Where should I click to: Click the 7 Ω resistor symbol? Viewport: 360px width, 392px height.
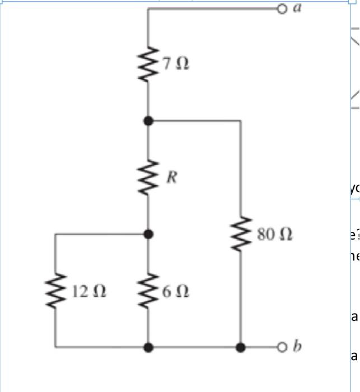[x=148, y=64]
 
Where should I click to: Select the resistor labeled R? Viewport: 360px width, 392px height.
[x=148, y=178]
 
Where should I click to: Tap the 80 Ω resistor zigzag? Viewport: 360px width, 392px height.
[x=241, y=234]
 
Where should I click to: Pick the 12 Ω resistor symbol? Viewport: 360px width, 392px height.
[x=55, y=291]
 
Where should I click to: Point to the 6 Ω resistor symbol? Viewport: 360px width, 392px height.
[x=148, y=291]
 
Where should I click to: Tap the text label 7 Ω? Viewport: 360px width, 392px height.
[x=176, y=64]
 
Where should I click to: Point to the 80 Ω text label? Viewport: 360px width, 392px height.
[x=275, y=234]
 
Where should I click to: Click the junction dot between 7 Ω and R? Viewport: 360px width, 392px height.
[x=148, y=120]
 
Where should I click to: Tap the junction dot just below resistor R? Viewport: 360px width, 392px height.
[x=148, y=234]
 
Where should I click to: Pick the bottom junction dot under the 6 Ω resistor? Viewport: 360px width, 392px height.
[x=148, y=347]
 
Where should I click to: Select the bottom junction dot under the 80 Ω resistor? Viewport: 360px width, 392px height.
[x=241, y=347]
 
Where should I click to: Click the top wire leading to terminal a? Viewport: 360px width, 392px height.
[x=213, y=8]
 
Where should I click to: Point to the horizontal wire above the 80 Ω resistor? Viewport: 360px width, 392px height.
[x=196, y=120]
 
